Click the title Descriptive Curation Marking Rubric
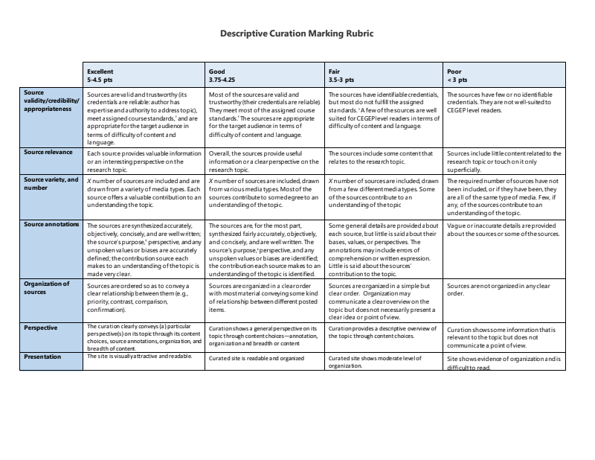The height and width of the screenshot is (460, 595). [297, 33]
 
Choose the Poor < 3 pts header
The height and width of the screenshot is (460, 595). [457, 75]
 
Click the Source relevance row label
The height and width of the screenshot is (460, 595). [48, 152]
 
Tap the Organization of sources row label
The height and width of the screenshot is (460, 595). [46, 287]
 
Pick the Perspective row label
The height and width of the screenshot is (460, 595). [40, 327]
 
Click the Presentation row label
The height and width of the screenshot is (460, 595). [42, 356]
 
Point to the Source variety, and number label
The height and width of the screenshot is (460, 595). [51, 183]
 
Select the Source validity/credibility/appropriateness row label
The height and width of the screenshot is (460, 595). [51, 100]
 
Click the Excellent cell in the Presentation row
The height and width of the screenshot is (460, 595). [140, 356]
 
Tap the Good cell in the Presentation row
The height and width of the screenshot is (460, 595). [257, 358]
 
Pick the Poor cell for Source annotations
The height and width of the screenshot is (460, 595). [503, 230]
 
